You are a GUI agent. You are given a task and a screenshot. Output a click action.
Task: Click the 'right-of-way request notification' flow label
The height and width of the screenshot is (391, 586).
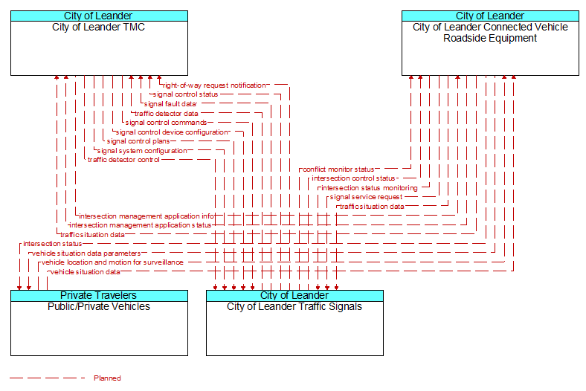tap(214, 85)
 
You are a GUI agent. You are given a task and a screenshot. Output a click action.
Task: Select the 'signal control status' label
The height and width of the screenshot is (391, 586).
tap(185, 94)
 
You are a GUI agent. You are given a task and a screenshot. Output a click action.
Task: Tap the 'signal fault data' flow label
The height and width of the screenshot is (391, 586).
tap(170, 104)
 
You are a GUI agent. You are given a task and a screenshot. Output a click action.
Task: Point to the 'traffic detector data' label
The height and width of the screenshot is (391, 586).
tap(167, 114)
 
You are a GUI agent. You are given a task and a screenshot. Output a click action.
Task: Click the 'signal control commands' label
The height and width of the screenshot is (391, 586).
tap(166, 123)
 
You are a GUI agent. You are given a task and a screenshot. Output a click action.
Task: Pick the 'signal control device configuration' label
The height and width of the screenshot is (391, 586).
tap(172, 132)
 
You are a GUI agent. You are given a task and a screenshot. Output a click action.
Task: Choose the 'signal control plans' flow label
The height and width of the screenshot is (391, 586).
tap(138, 141)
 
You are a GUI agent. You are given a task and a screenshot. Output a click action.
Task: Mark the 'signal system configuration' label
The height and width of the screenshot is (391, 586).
tap(142, 151)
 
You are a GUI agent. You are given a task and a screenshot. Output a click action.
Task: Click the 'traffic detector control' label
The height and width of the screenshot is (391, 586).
tap(123, 160)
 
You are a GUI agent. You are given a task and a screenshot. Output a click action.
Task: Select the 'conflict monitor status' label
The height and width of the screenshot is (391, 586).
tap(338, 169)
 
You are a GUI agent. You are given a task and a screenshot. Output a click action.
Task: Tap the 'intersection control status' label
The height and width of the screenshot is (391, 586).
tap(353, 178)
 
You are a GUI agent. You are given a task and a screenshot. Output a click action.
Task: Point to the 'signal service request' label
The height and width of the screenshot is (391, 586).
tap(366, 197)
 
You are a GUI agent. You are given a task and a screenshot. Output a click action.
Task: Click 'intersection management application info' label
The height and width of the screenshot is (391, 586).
tap(146, 216)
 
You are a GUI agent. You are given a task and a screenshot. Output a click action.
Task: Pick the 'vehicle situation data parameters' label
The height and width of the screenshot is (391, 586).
tap(86, 253)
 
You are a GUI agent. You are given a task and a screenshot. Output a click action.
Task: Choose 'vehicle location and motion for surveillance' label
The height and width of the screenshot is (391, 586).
tap(112, 262)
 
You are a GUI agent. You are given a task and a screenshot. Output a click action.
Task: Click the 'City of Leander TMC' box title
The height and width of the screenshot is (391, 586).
tap(99, 28)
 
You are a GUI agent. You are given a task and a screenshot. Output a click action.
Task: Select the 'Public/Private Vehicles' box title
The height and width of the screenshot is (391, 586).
tap(99, 306)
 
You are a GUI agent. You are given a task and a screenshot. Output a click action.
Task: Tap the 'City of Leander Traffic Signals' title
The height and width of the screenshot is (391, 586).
tap(294, 306)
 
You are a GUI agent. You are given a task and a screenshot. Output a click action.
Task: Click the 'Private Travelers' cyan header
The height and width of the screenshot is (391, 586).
tap(99, 296)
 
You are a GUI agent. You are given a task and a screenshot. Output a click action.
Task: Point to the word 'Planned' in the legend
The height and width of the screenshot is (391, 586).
tap(107, 378)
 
